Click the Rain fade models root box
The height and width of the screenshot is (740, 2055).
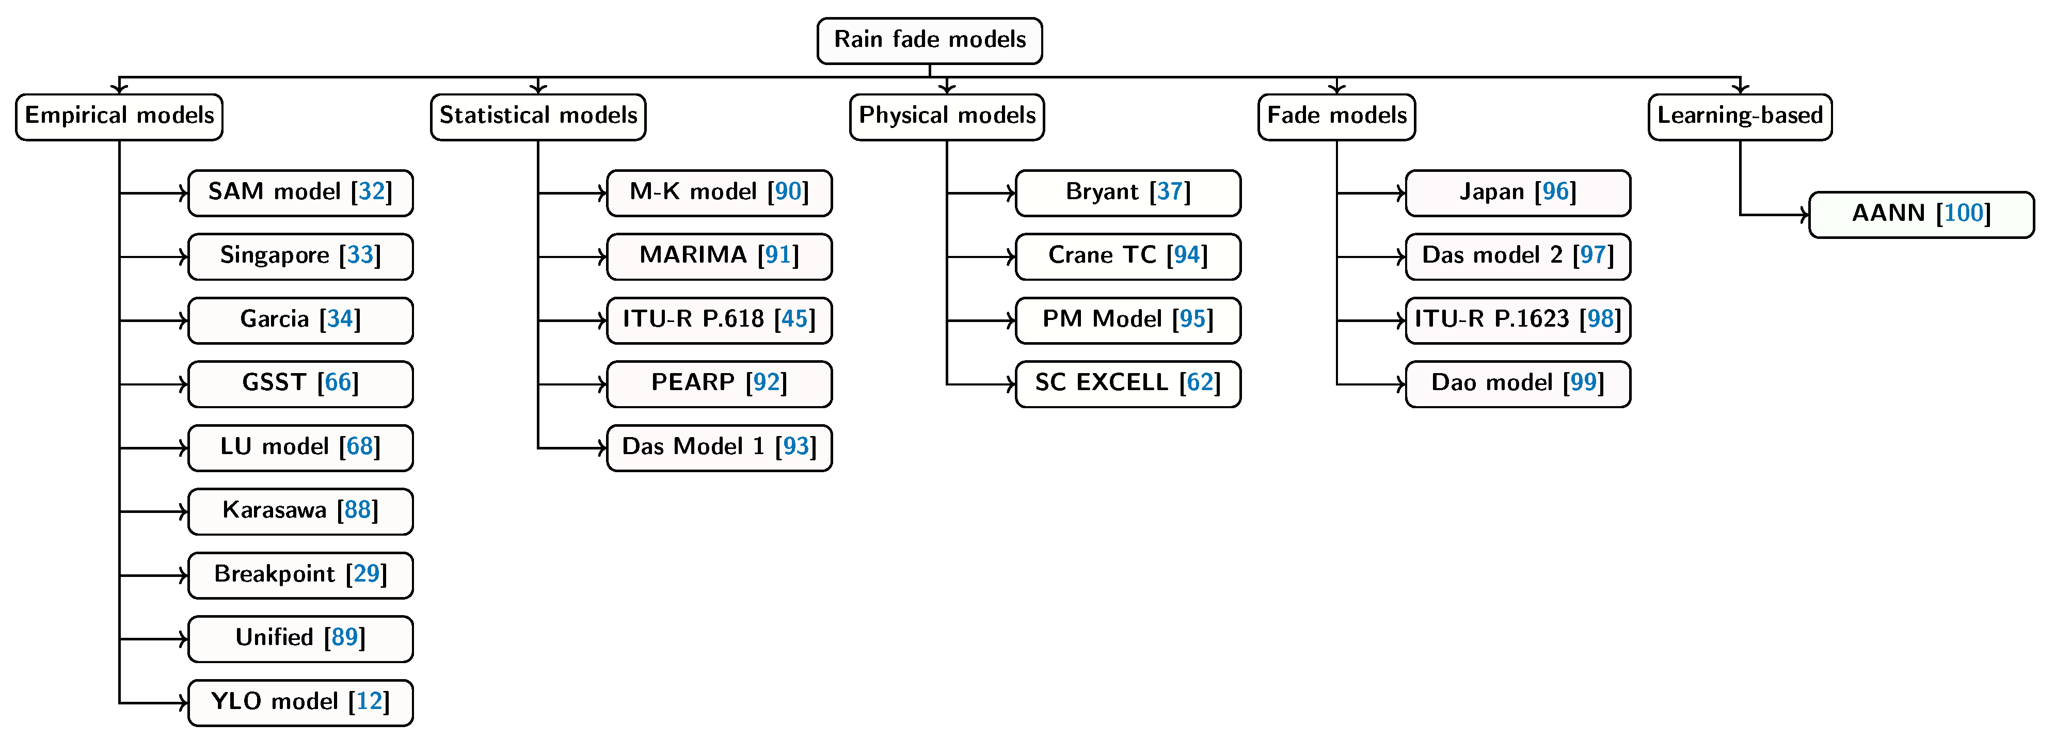929,40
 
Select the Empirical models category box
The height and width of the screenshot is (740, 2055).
120,117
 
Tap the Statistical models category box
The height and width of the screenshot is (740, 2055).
538,117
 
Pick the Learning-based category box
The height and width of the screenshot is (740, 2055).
1740,117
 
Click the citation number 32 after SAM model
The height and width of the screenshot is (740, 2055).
372,191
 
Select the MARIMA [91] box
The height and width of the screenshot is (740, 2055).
719,256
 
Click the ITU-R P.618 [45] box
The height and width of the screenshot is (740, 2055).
719,320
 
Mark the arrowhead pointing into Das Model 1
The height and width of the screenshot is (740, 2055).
602,448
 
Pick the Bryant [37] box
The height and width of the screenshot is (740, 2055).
1127,192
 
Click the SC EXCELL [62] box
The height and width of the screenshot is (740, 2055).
1127,383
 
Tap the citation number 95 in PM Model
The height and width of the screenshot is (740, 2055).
1192,319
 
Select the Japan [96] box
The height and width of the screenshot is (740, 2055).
1517,192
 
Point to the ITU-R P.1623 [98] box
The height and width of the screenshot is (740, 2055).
1517,320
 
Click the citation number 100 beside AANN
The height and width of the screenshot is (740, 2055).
1963,214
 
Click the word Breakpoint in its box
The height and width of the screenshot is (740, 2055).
275,574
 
